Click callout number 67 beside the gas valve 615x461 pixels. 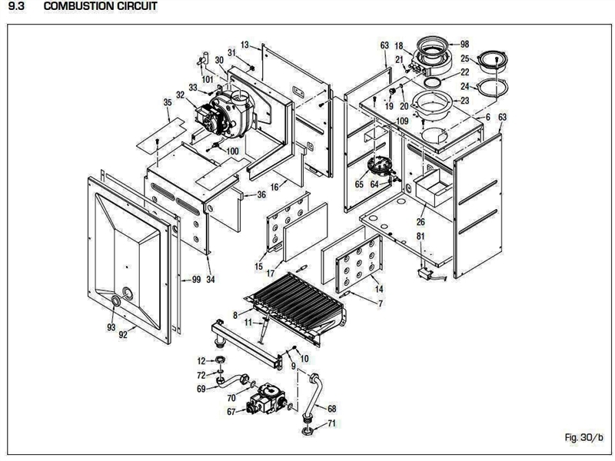pyautogui.click(x=230, y=413)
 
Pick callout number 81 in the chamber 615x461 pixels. pyautogui.click(x=421, y=235)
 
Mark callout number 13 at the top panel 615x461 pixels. pyautogui.click(x=245, y=45)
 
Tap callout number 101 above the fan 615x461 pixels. pyautogui.click(x=208, y=78)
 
